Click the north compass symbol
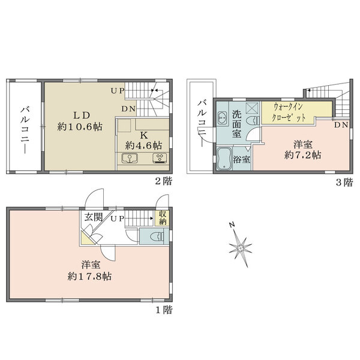click(x=240, y=247)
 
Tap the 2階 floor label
click(x=163, y=182)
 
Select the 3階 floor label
click(x=344, y=182)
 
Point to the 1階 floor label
click(x=164, y=310)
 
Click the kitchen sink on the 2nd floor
click(x=130, y=158)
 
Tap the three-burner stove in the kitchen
click(x=160, y=158)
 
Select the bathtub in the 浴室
click(x=224, y=159)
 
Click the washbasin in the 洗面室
click(x=222, y=118)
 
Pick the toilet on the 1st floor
click(x=157, y=236)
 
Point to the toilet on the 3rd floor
click(x=253, y=121)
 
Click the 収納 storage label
click(x=163, y=218)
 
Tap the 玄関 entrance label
click(x=93, y=217)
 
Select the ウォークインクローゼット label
click(x=289, y=113)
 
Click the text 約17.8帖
click(x=89, y=277)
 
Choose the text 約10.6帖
click(x=80, y=127)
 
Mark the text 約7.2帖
click(x=302, y=155)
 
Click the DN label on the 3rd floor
click(x=341, y=125)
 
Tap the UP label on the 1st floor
click(x=118, y=218)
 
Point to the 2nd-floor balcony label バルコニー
click(x=25, y=130)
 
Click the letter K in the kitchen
click(x=144, y=136)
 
